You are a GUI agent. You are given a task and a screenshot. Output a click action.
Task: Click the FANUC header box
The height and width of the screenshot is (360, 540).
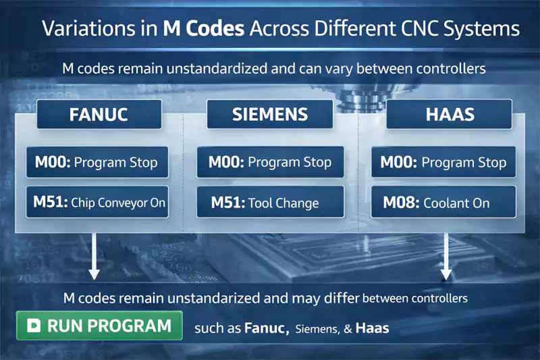pos(99,114)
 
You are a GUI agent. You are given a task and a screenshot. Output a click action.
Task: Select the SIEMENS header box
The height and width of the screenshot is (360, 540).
pos(270,114)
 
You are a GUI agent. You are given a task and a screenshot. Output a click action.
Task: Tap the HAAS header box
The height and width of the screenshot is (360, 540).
pos(450,114)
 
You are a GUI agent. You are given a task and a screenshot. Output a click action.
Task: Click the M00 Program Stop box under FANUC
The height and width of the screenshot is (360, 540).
pos(96,162)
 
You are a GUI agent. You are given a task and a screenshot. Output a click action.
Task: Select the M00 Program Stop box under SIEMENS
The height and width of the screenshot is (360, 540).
pos(270,162)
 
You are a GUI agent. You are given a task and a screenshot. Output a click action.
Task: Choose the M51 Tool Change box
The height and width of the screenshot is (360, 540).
pos(270,202)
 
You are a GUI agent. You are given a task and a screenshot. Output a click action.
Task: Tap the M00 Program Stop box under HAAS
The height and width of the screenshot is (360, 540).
pos(443,162)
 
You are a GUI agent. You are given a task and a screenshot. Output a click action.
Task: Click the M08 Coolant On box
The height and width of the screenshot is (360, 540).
pos(443,202)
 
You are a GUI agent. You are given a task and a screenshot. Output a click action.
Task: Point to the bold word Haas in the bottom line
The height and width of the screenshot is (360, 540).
pos(372,329)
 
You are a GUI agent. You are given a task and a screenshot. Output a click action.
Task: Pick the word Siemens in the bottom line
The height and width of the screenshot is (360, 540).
pos(316,330)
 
